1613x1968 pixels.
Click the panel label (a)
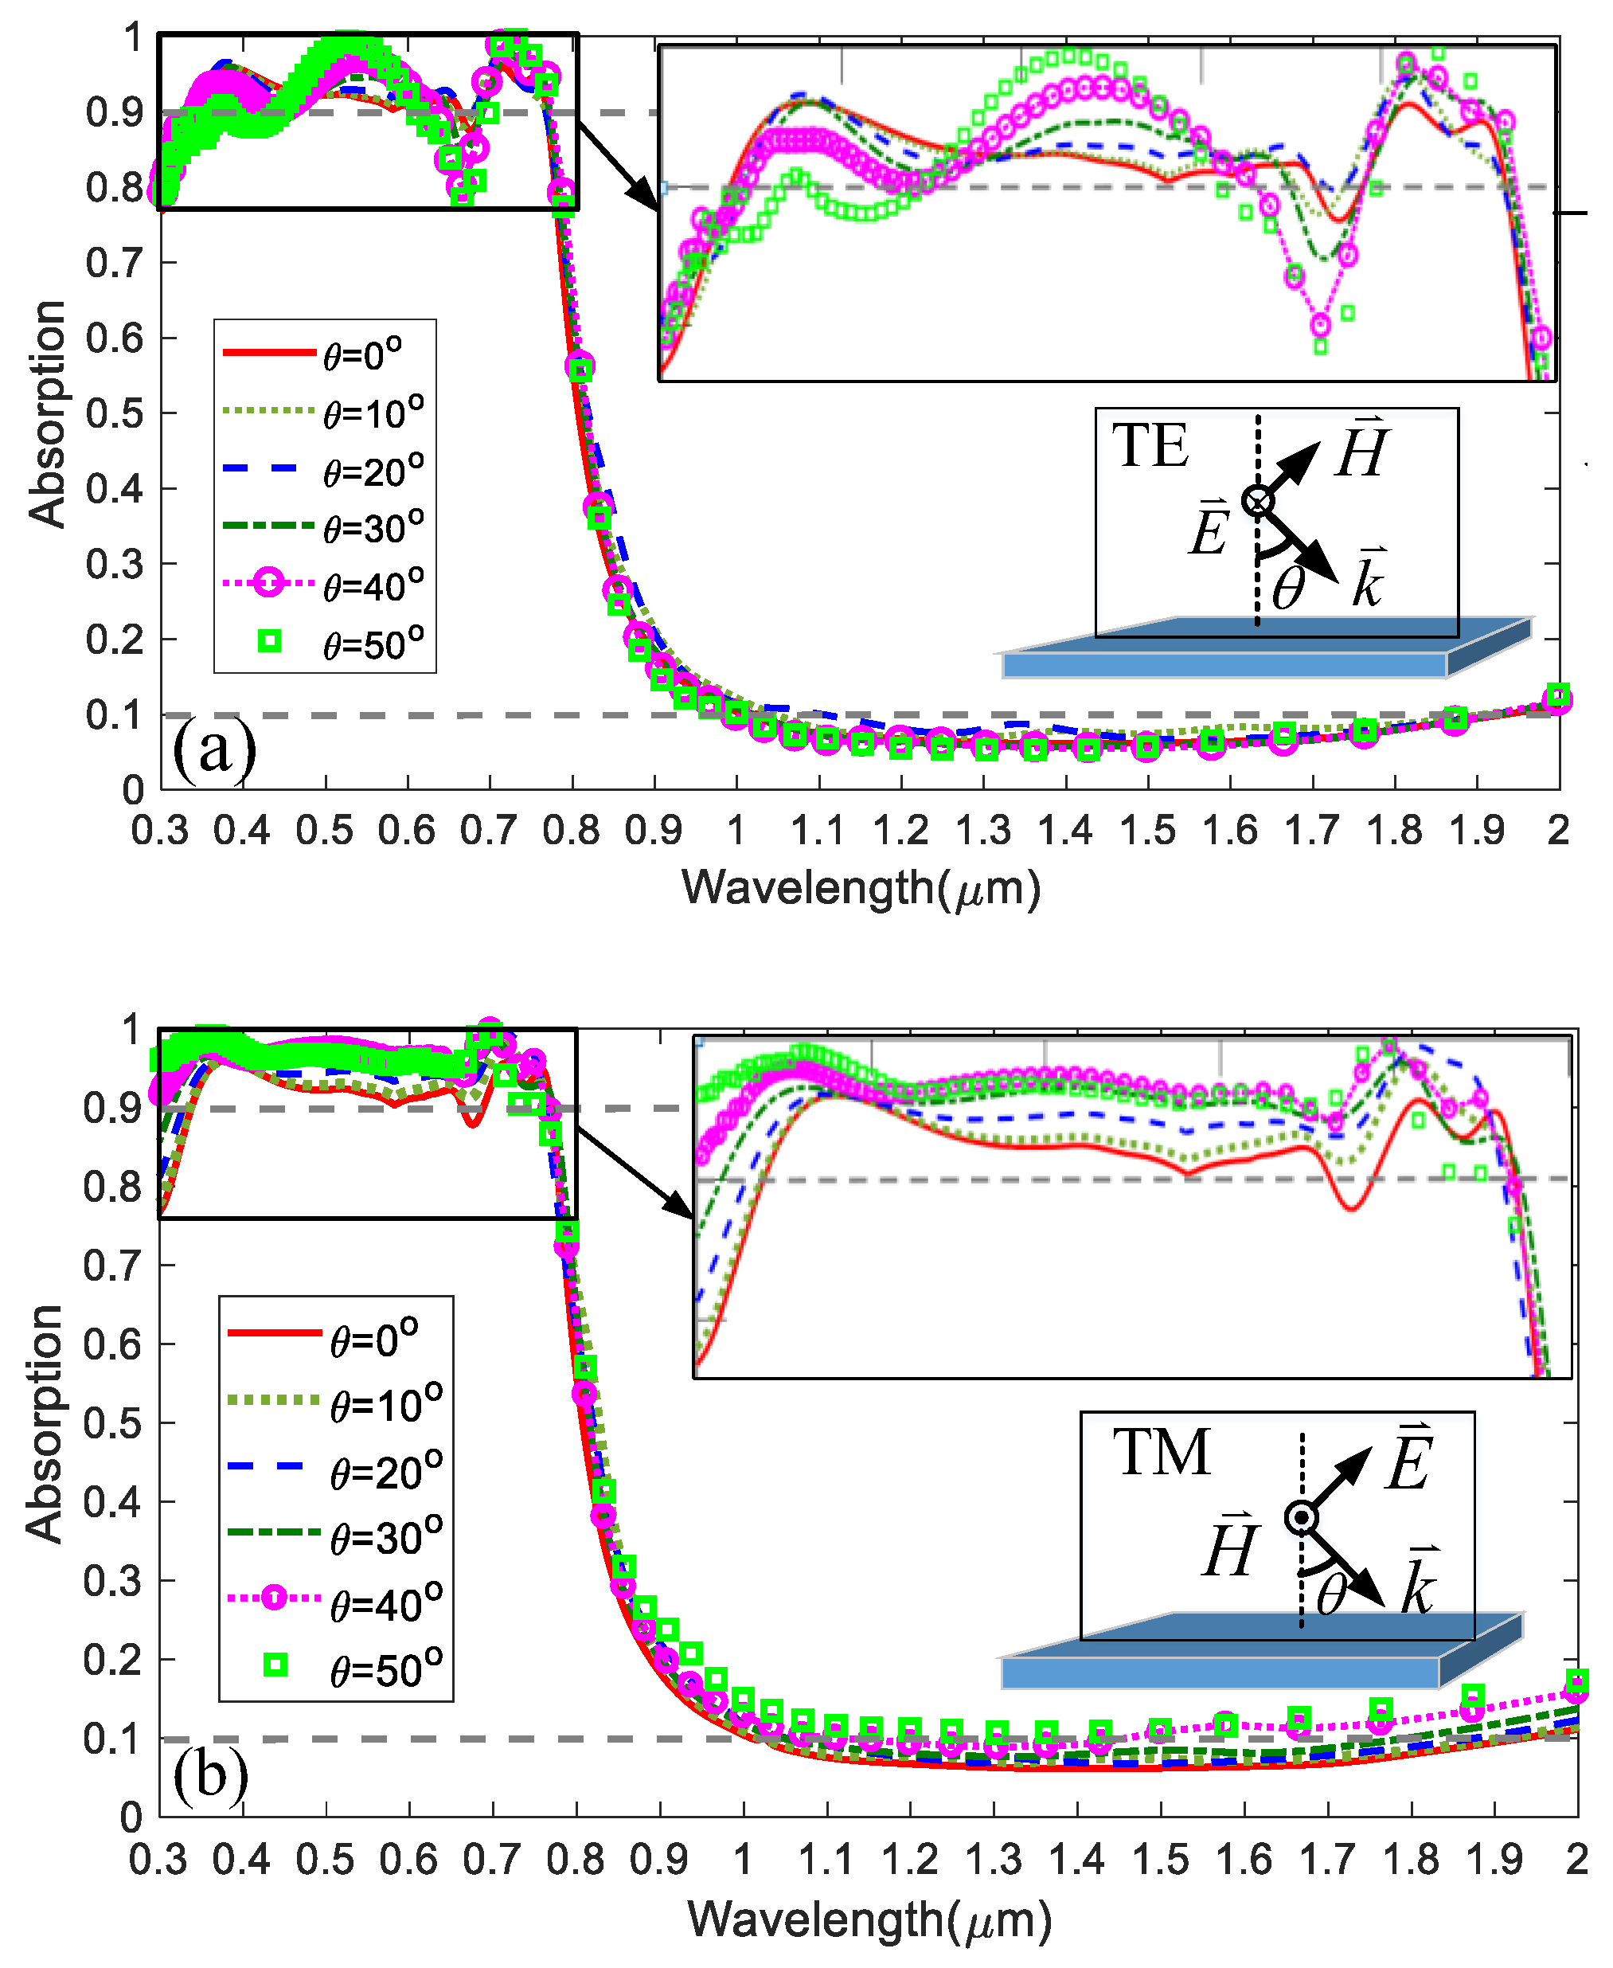(213, 749)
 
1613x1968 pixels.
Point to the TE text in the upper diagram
(1150, 446)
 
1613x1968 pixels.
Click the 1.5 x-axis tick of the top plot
(1147, 830)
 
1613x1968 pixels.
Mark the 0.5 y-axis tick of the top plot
(115, 413)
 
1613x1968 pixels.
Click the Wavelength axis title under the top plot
(861, 888)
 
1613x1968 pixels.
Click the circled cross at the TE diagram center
(1257, 501)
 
